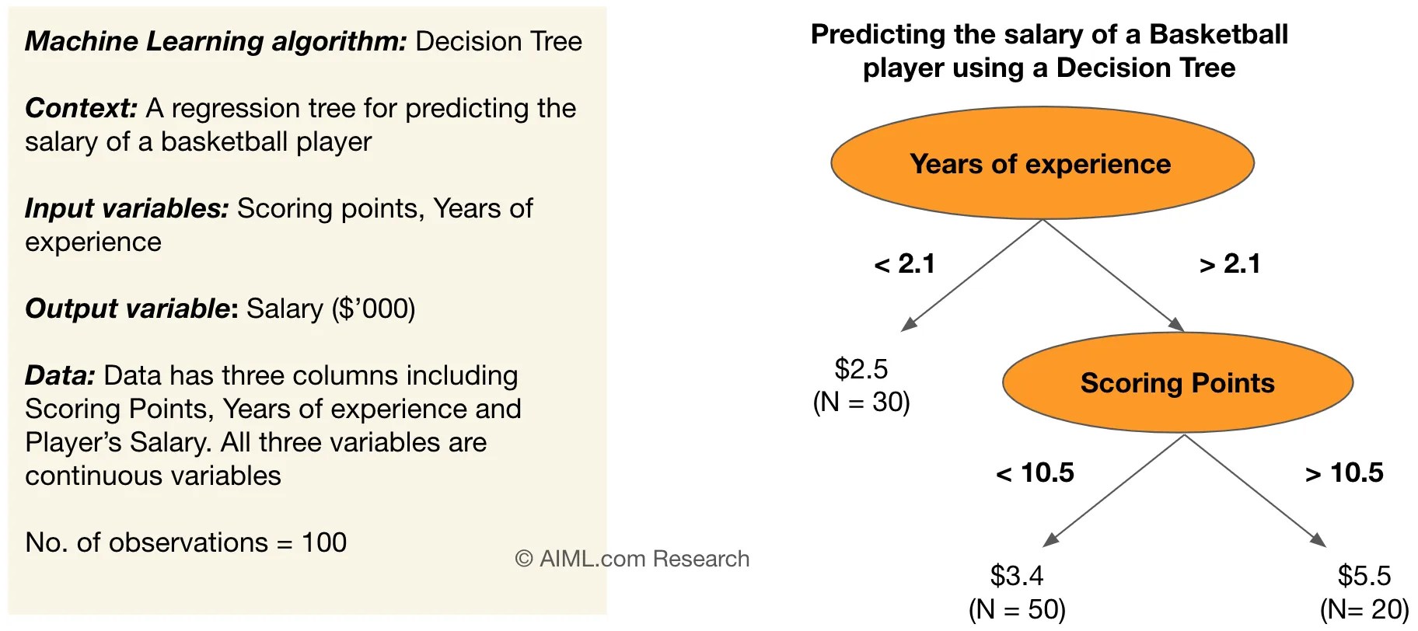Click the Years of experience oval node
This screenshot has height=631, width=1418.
click(1042, 164)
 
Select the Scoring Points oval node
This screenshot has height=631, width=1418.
click(1177, 383)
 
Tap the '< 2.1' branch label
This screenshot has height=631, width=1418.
click(904, 264)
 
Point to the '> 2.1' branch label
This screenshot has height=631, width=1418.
click(1229, 264)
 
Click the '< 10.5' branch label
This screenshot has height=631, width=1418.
click(1035, 473)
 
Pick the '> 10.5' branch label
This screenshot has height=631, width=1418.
click(1344, 473)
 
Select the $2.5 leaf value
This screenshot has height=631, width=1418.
click(861, 369)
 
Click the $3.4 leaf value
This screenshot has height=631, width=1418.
click(1016, 576)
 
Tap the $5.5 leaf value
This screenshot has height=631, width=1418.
click(1364, 576)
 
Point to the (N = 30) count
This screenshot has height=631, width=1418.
click(861, 402)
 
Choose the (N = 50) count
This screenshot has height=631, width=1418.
click(1017, 609)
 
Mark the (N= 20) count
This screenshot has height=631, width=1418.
click(1364, 610)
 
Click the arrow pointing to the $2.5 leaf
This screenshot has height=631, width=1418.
click(972, 275)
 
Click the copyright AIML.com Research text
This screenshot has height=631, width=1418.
click(632, 559)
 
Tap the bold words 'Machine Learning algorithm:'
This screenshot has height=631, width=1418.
click(215, 41)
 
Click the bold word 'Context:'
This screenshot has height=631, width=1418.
click(81, 108)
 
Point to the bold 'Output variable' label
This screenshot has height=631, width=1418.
click(127, 309)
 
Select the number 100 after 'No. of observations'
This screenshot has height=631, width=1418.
click(324, 542)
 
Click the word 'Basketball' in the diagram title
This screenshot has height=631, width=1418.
click(1218, 35)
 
